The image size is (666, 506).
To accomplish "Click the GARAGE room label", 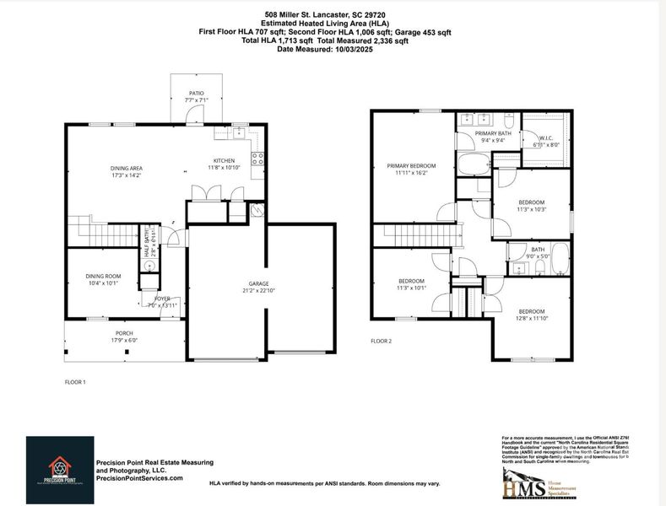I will pyautogui.click(x=258, y=283).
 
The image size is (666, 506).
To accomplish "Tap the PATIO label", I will pyautogui.click(x=196, y=94).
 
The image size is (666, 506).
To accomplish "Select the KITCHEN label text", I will pyautogui.click(x=224, y=160).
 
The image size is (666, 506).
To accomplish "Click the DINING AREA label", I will pyautogui.click(x=126, y=169).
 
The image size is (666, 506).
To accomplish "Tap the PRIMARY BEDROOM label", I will pyautogui.click(x=411, y=165).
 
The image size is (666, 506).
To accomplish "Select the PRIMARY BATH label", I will pyautogui.click(x=492, y=133).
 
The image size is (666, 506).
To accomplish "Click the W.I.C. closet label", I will pyautogui.click(x=546, y=137).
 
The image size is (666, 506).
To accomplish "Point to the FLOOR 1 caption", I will pyautogui.click(x=76, y=382).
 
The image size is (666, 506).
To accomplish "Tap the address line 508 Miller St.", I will pyautogui.click(x=325, y=14).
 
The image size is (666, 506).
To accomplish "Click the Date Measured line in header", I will pyautogui.click(x=325, y=49).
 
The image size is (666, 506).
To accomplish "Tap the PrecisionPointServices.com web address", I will pyautogui.click(x=139, y=478).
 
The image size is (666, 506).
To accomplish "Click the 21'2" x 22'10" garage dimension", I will pyautogui.click(x=258, y=291).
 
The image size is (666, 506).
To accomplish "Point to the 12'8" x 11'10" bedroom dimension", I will pyautogui.click(x=533, y=318).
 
